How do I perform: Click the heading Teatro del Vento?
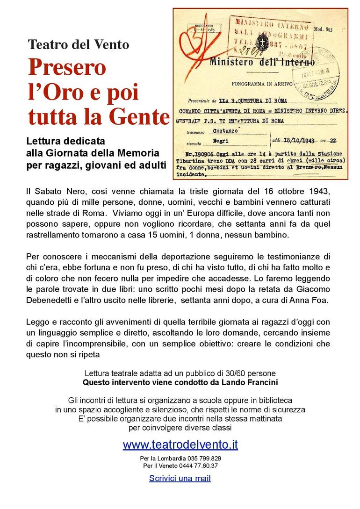pyautogui.click(x=79, y=45)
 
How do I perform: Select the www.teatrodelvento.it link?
pyautogui.click(x=180, y=444)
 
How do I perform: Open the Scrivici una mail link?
pyautogui.click(x=180, y=478)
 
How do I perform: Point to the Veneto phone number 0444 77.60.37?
pyautogui.click(x=199, y=466)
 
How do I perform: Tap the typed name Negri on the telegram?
pyautogui.click(x=222, y=140)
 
